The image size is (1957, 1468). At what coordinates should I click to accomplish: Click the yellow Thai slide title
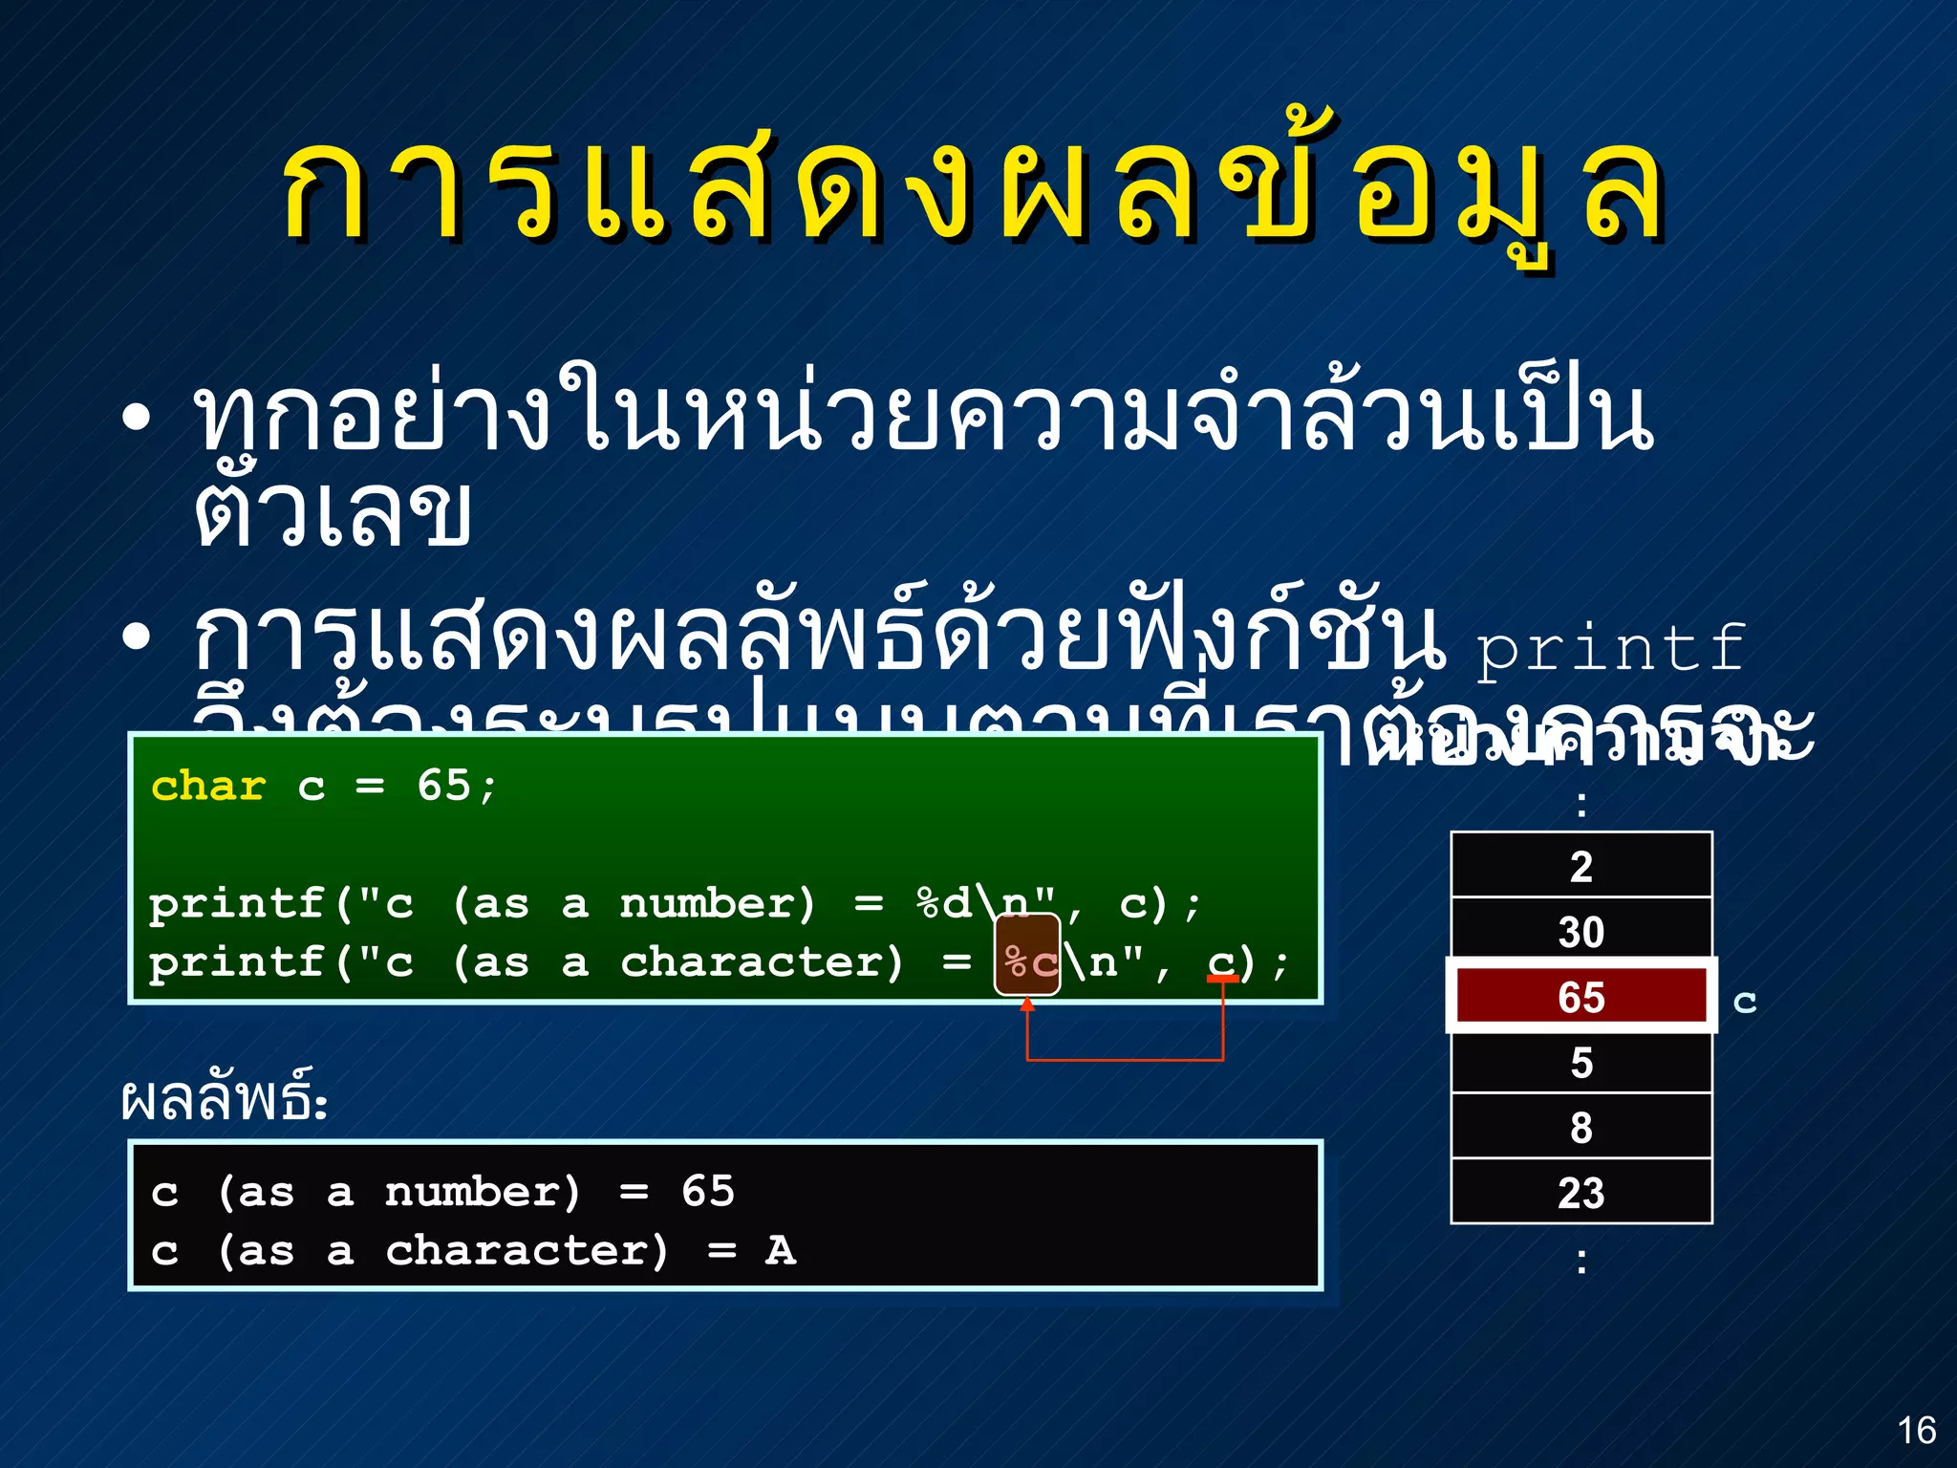[x=975, y=191]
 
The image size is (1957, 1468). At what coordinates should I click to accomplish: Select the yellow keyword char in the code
[x=208, y=787]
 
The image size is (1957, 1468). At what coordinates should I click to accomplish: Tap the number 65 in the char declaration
[x=443, y=786]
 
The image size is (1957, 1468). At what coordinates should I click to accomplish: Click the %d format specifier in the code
[x=943, y=903]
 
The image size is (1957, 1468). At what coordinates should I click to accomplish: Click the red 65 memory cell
[x=1581, y=997]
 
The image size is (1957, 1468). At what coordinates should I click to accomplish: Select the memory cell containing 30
[x=1581, y=931]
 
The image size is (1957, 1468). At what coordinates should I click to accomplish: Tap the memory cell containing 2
[x=1581, y=866]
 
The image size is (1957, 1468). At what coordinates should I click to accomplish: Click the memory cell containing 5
[x=1581, y=1062]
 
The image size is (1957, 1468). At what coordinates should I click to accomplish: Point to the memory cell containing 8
[x=1581, y=1127]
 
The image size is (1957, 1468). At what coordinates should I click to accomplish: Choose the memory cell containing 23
[x=1581, y=1193]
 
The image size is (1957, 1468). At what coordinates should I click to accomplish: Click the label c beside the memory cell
[x=1745, y=1001]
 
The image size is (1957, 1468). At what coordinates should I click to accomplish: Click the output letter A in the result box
[x=780, y=1250]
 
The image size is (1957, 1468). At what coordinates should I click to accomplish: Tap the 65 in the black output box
[x=707, y=1192]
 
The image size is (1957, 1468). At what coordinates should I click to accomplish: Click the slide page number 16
[x=1916, y=1431]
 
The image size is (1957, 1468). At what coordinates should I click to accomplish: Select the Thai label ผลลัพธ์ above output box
[x=224, y=1099]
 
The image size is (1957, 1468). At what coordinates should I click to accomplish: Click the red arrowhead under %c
[x=1027, y=1004]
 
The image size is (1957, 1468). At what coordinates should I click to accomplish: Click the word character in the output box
[x=527, y=1250]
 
